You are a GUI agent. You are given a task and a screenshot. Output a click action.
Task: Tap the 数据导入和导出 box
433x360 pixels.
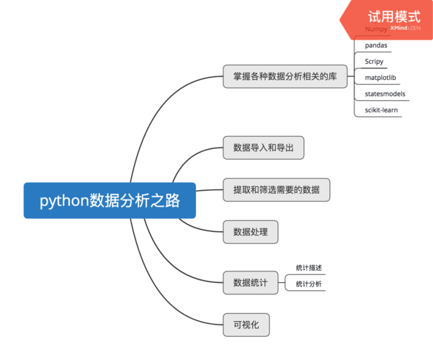(263, 148)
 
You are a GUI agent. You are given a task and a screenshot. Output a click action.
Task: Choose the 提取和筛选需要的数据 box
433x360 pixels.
(276, 189)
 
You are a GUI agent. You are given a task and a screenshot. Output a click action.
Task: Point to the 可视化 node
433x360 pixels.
(246, 325)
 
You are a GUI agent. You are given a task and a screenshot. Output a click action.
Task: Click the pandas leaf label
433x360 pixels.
(376, 45)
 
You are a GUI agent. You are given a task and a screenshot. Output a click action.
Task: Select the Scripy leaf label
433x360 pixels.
(374, 61)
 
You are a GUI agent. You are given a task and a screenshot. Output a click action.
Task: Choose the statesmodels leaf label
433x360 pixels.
(385, 94)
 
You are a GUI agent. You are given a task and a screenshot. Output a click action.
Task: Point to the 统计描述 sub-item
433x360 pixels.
(308, 268)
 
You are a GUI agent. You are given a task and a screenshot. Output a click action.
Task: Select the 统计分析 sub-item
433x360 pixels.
(308, 284)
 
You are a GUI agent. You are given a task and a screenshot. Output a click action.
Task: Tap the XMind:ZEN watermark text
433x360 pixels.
(405, 28)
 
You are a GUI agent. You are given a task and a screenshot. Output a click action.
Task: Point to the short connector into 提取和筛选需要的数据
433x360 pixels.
(209, 190)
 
